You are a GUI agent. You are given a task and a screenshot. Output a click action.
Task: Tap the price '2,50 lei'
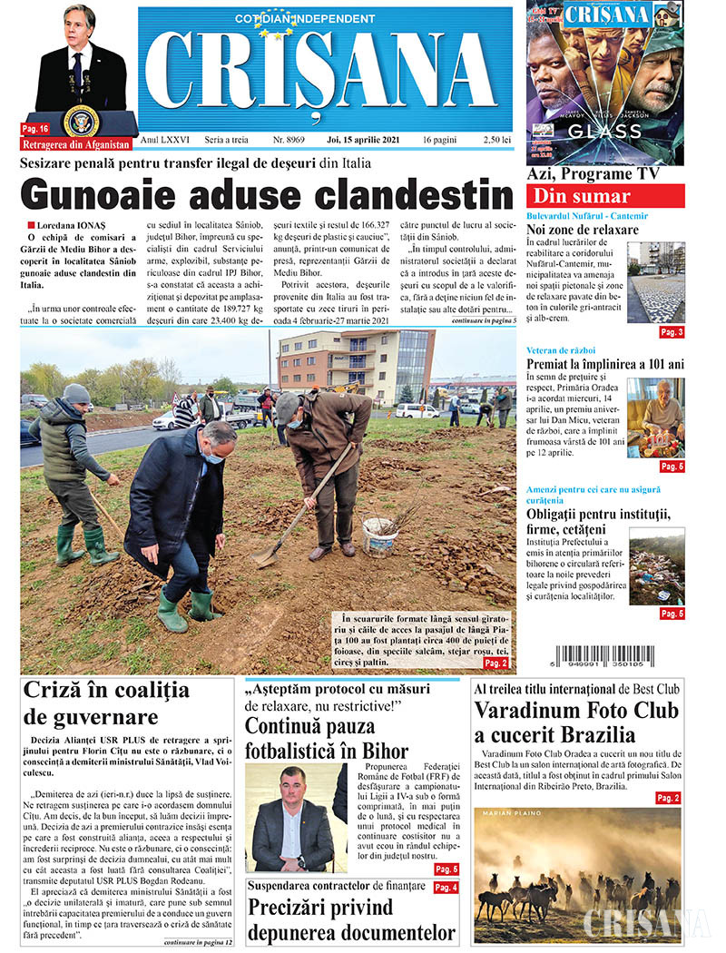coord(492,142)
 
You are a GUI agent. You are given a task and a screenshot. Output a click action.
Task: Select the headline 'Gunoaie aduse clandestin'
coord(266,194)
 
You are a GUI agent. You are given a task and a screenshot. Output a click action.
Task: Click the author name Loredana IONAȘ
coord(71,224)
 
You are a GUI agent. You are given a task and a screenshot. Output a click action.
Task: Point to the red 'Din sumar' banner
coord(605,196)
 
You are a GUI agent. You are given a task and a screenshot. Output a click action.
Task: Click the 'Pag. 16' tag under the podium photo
coord(37,129)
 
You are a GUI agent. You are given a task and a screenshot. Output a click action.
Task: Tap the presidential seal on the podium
coord(82,121)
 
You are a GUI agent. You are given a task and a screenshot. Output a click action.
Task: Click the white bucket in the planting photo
coord(379,535)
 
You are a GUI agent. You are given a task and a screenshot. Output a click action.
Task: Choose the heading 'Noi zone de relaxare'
coord(583,231)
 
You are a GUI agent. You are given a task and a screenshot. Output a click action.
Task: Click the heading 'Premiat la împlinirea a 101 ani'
coord(605,364)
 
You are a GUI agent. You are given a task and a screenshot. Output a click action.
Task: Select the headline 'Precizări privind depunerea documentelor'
coord(352,920)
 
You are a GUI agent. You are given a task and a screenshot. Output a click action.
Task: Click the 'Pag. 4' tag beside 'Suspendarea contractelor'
coord(446,887)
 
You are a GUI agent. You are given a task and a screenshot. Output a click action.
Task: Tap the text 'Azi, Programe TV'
coord(593,174)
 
